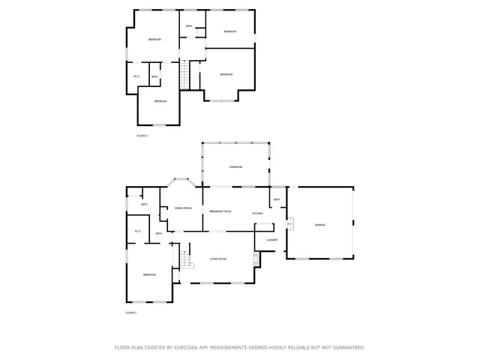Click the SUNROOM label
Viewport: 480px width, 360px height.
click(235, 166)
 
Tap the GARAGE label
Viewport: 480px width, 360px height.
click(319, 225)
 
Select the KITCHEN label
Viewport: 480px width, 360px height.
click(257, 214)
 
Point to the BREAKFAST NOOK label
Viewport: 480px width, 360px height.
click(220, 211)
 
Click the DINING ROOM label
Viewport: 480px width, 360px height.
click(183, 208)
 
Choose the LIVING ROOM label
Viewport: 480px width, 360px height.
click(217, 259)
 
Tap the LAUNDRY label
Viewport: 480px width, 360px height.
click(271, 240)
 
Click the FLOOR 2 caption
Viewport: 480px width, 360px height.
click(142, 136)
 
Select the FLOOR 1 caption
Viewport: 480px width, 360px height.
click(130, 312)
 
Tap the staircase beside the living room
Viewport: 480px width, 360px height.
click(185, 259)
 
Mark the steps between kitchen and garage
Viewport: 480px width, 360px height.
click(290, 223)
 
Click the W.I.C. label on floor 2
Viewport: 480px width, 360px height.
click(136, 76)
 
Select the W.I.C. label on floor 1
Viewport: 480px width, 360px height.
click(137, 231)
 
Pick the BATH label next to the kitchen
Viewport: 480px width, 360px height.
click(277, 199)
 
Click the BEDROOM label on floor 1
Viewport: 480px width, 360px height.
click(149, 275)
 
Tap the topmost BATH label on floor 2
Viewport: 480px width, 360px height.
click(189, 26)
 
